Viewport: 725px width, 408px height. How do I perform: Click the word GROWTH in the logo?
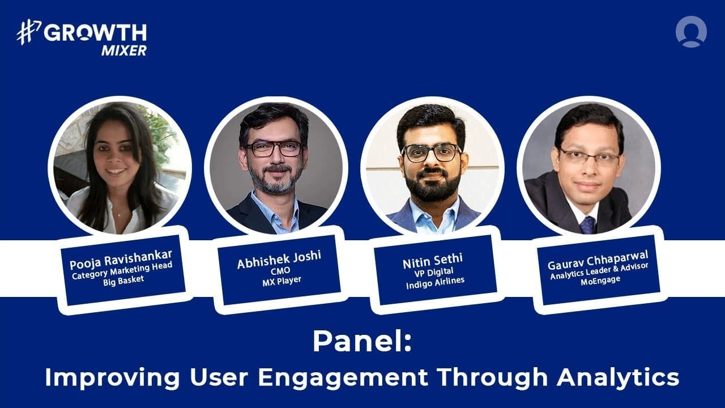click(96, 33)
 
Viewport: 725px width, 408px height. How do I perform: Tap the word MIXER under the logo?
click(124, 50)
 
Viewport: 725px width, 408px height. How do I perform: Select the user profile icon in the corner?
click(691, 31)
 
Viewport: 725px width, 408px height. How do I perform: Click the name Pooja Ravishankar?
click(121, 260)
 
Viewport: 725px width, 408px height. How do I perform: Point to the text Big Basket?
click(123, 280)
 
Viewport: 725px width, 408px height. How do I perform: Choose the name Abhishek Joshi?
click(279, 260)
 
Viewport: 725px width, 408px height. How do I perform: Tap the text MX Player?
click(282, 281)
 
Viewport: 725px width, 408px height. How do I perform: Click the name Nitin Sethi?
click(433, 261)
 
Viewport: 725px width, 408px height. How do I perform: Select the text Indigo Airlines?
click(435, 283)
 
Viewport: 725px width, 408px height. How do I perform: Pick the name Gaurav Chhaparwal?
click(598, 260)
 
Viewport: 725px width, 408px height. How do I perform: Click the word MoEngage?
click(600, 280)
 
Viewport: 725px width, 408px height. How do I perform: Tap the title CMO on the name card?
click(280, 270)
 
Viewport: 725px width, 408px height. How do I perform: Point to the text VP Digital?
click(434, 273)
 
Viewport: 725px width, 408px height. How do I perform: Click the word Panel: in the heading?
click(362, 342)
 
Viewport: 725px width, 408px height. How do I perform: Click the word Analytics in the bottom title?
click(617, 377)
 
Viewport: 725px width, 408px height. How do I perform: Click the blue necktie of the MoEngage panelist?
click(587, 224)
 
